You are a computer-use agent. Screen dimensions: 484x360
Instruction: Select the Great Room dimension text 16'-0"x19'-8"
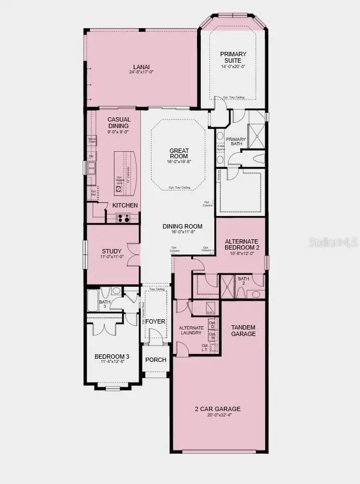[x=179, y=160]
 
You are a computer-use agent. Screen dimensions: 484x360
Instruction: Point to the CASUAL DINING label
[x=119, y=123]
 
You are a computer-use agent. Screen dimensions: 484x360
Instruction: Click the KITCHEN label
[x=125, y=205]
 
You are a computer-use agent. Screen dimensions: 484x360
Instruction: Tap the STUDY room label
[x=112, y=251]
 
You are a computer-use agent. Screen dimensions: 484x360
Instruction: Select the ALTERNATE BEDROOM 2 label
[x=242, y=244]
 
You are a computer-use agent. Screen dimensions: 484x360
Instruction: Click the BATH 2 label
[x=243, y=281]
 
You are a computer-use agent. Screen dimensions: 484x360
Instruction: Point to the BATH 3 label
[x=103, y=304]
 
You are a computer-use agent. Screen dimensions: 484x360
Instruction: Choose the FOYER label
[x=155, y=321]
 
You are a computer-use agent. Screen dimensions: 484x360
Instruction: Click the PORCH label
[x=156, y=360]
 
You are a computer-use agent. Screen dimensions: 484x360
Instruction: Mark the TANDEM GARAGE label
[x=243, y=331]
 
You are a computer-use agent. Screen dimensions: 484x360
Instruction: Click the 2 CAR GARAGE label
[x=218, y=409]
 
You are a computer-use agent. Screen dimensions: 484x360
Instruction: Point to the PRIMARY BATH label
[x=236, y=142]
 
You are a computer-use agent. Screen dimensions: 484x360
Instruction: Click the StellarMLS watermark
[x=332, y=243]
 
